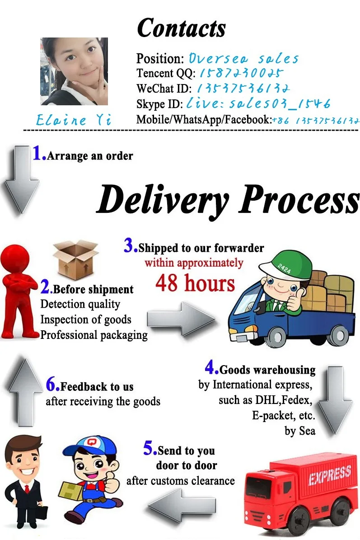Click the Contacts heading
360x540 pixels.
(181, 28)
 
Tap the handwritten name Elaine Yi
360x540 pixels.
(74, 120)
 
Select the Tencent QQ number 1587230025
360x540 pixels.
(241, 73)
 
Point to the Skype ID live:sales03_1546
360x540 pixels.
(258, 103)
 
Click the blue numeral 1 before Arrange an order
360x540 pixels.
(38, 154)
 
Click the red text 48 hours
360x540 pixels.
(195, 283)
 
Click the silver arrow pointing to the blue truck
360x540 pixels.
(181, 319)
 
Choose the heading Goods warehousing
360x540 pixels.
(267, 370)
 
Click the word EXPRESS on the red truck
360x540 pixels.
(329, 475)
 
